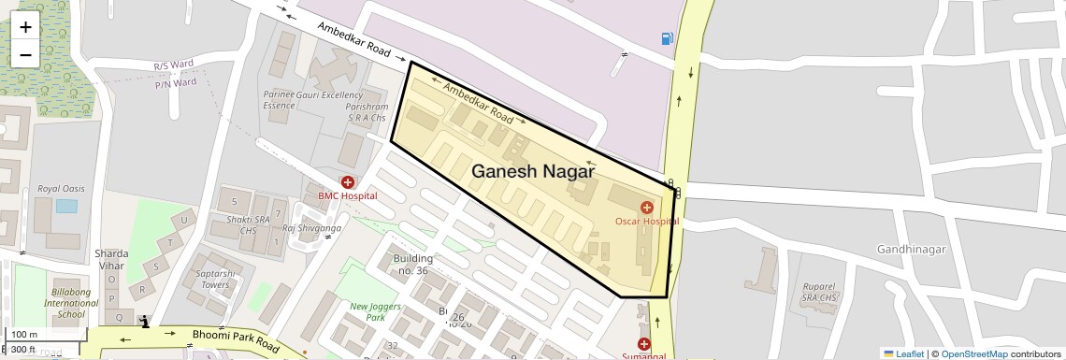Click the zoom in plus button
[25, 26]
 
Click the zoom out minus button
[25, 54]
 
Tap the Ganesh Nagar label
[533, 171]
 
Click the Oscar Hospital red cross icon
[646, 207]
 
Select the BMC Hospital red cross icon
[348, 182]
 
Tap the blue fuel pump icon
[667, 38]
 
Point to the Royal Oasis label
[61, 189]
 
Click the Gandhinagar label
[912, 249]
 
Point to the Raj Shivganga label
[311, 227]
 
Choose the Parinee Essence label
[279, 100]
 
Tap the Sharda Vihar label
[111, 259]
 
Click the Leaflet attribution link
[903, 353]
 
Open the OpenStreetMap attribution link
[973, 353]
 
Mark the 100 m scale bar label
[25, 335]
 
